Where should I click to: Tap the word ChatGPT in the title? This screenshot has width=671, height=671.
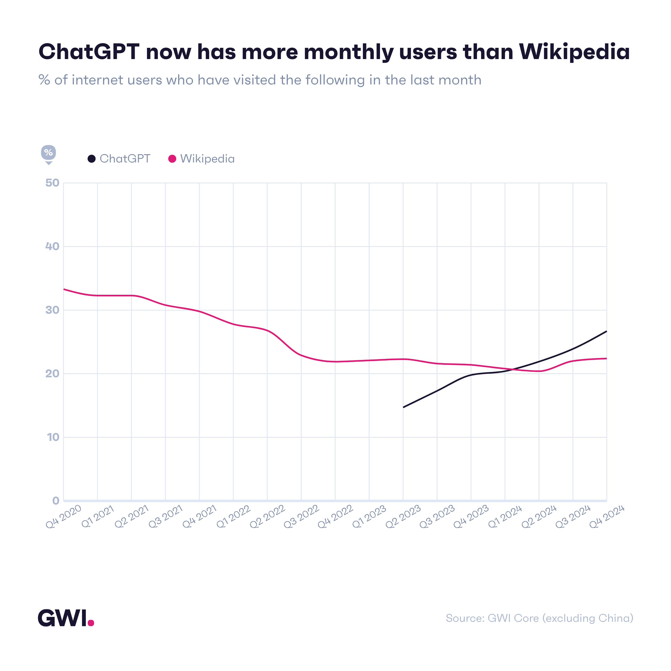point(89,52)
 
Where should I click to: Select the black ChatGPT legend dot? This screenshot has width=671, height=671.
point(91,159)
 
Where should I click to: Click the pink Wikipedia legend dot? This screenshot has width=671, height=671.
point(172,159)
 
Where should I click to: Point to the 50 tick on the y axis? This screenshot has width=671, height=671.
point(52,183)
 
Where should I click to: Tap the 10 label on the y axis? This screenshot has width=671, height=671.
point(53,437)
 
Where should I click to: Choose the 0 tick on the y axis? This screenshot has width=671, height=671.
point(56,501)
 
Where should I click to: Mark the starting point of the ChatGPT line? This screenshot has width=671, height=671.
point(403,407)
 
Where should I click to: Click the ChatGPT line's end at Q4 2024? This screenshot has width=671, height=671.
point(606,331)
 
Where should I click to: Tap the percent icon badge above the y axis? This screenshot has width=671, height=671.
point(48,153)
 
